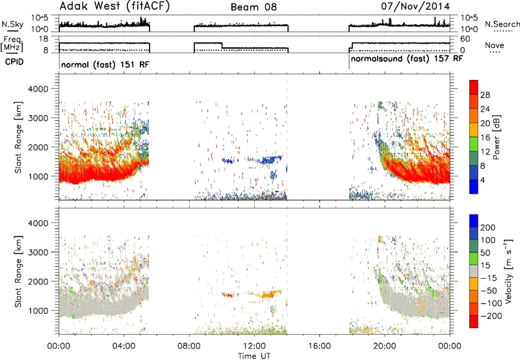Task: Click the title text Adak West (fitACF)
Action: pyautogui.click(x=114, y=6)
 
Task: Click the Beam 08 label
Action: pyautogui.click(x=253, y=7)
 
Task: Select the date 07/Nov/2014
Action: pyautogui.click(x=415, y=6)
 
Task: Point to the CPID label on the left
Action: pyautogui.click(x=14, y=62)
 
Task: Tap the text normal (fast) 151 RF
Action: pyautogui.click(x=105, y=64)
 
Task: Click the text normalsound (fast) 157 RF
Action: pyautogui.click(x=407, y=59)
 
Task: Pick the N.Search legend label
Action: pyautogui.click(x=502, y=24)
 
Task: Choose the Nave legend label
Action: pyautogui.click(x=495, y=45)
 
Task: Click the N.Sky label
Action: pyautogui.click(x=12, y=24)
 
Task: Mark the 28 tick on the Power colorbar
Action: pyautogui.click(x=485, y=95)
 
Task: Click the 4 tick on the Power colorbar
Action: pyautogui.click(x=482, y=180)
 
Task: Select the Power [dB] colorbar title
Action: pyautogui.click(x=497, y=137)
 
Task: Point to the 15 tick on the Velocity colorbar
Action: pyautogui.click(x=485, y=266)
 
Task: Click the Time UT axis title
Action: pyautogui.click(x=254, y=356)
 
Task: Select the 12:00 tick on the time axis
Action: pyautogui.click(x=254, y=346)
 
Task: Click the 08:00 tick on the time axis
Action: pyautogui.click(x=189, y=346)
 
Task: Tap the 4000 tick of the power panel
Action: pyautogui.click(x=38, y=89)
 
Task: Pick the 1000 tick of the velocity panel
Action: pyautogui.click(x=38, y=311)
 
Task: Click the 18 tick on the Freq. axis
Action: pyautogui.click(x=44, y=39)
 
